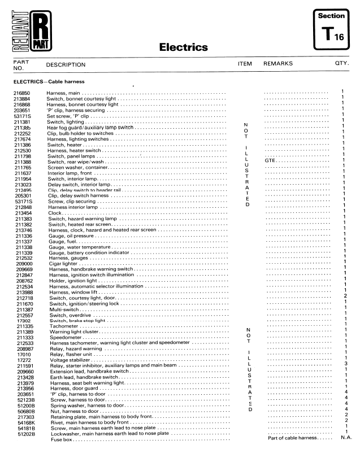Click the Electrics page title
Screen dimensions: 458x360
(x=183, y=47)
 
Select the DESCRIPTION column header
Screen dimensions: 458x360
(x=66, y=65)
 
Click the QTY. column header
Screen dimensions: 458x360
(x=342, y=64)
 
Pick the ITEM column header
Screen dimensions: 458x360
(x=245, y=64)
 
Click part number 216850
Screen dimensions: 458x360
(x=21, y=92)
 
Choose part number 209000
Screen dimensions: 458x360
(x=21, y=264)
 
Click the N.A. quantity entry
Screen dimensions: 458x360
(x=346, y=439)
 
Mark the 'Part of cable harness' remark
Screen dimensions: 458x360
(x=291, y=439)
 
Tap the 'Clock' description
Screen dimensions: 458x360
(x=55, y=213)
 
